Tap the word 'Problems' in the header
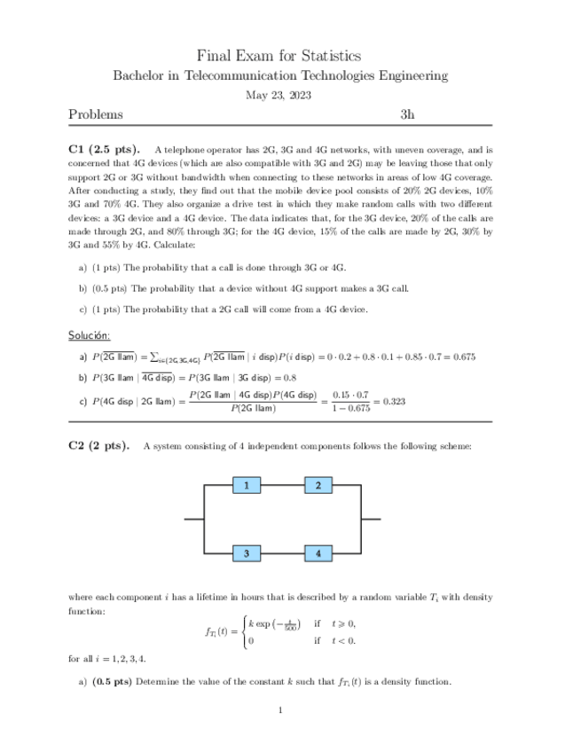tap(96, 114)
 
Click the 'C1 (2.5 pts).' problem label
tap(103, 151)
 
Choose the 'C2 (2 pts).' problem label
tap(98, 445)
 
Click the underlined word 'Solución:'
tap(90, 336)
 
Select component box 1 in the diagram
tap(246, 485)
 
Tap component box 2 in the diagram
tap(318, 485)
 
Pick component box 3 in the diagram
tap(246, 553)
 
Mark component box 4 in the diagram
tap(318, 553)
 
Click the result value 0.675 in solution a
tap(461, 357)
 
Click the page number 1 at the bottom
tap(280, 709)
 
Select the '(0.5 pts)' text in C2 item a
tap(111, 682)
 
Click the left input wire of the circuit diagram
tap(194, 519)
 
